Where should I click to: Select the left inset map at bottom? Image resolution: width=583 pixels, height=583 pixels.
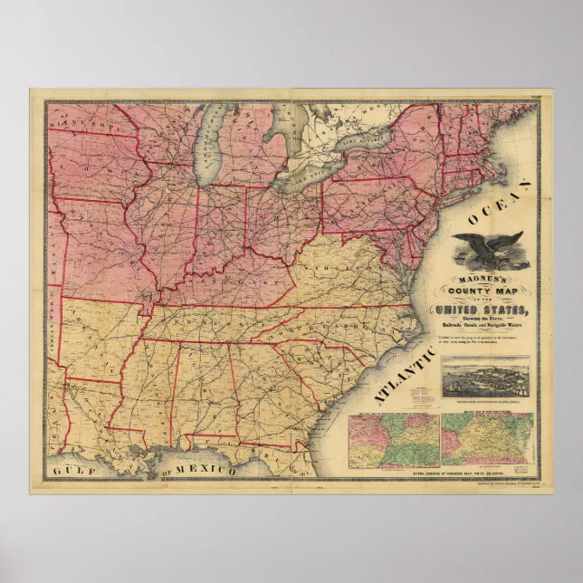point(394,442)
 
